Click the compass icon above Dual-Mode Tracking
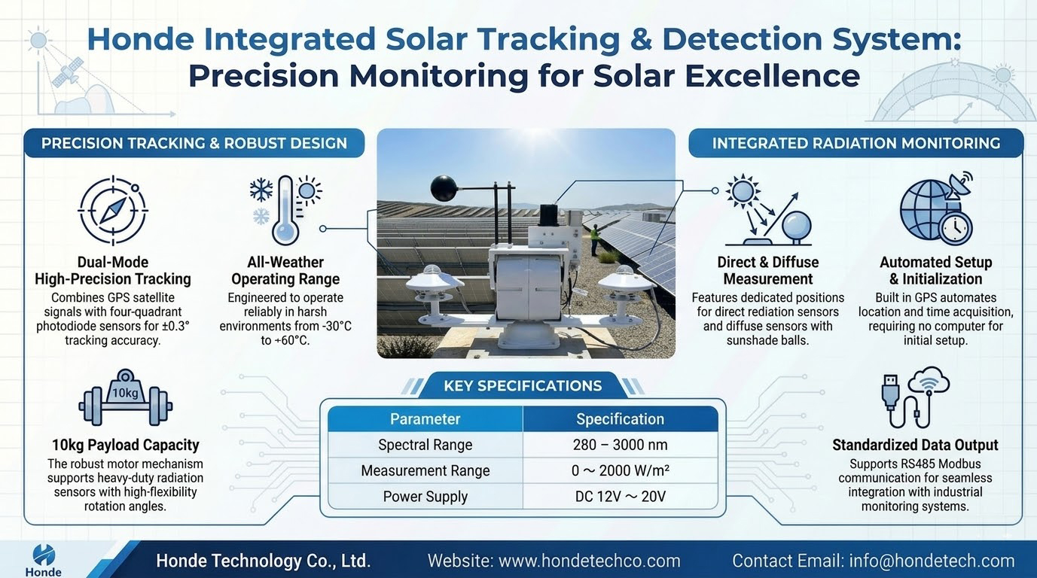point(112,210)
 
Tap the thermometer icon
point(285,210)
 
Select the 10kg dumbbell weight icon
point(126,398)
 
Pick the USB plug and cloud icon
point(915,397)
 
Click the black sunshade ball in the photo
point(444,188)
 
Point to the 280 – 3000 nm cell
point(620,445)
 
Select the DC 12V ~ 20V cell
point(620,497)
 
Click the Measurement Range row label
point(425,470)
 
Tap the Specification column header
point(620,418)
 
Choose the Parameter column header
point(425,418)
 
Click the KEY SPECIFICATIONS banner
point(523,385)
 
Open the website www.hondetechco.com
point(590,561)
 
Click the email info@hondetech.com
point(932,561)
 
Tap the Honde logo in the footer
point(44,561)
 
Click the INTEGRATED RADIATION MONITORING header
point(856,143)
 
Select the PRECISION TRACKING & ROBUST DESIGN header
point(194,143)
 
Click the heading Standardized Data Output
point(915,445)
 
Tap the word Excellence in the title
point(773,75)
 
